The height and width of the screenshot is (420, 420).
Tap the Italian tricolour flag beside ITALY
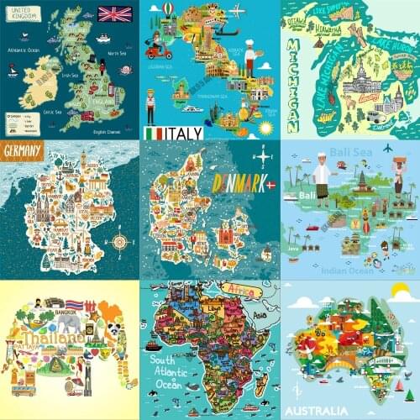pos(155,133)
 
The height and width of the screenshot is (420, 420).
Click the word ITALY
pos(186,133)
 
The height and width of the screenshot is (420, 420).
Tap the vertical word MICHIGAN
pos(292,84)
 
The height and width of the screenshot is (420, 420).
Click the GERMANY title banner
pos(24,151)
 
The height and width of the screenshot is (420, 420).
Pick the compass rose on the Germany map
pos(119,242)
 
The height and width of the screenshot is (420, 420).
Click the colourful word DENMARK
pos(239,183)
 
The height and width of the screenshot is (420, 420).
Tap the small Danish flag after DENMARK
pos(270,185)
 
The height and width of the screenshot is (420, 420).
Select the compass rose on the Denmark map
pos(263,155)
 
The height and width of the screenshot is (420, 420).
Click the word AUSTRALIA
pos(321,411)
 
